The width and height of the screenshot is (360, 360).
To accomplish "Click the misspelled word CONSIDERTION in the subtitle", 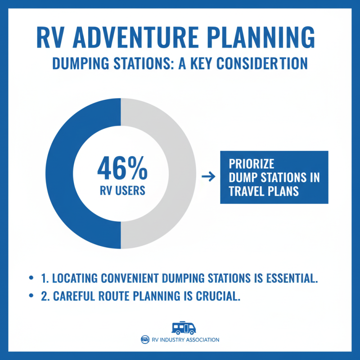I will click(262, 63).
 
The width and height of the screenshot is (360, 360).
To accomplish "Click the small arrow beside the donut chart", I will click(207, 177).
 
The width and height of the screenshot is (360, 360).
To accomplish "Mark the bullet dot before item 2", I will click(31, 296).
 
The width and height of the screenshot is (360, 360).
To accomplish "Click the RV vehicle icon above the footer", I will click(184, 328).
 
